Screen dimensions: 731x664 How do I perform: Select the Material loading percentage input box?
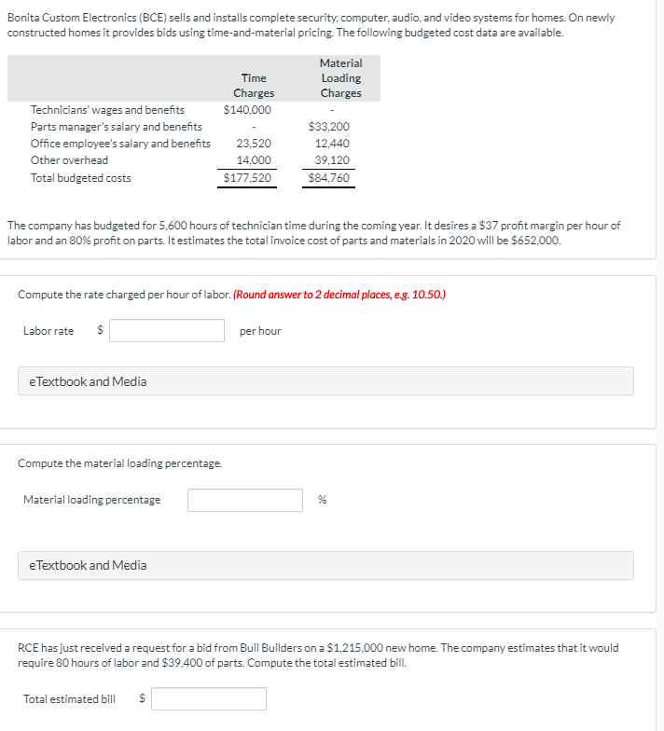(244, 501)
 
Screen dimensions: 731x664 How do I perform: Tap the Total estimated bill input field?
(209, 698)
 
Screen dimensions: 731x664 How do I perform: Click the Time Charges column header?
(254, 86)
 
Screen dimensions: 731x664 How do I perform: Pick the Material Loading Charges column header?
(340, 77)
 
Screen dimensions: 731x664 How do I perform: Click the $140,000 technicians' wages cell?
(247, 110)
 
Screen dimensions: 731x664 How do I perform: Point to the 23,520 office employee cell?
(254, 144)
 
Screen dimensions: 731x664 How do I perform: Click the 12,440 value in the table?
(332, 144)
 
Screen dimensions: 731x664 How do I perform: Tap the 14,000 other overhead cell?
(254, 160)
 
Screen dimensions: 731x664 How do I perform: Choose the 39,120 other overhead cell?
(332, 160)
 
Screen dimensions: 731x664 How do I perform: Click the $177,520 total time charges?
(248, 178)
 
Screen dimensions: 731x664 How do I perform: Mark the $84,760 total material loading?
(329, 178)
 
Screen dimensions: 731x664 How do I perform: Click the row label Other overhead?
(69, 160)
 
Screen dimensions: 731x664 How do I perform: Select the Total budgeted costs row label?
(80, 178)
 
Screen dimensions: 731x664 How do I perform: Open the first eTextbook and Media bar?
(325, 381)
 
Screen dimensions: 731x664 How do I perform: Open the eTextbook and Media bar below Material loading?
(325, 565)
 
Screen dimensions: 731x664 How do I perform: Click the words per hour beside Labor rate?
(260, 331)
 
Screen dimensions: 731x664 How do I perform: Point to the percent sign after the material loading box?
(322, 501)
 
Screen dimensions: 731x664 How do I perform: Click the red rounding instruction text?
(339, 295)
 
